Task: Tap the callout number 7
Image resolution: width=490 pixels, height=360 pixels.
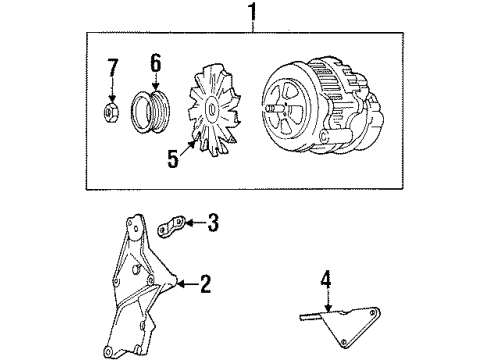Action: (112, 71)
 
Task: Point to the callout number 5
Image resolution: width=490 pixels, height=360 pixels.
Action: (173, 159)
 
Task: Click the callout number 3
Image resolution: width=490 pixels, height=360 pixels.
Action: (211, 221)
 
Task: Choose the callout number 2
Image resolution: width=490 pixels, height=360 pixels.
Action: (205, 286)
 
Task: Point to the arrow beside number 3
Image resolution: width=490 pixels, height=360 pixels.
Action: (194, 221)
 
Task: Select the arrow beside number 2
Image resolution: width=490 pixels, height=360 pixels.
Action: (188, 286)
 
